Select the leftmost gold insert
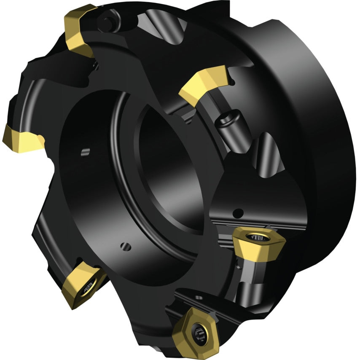click(x=21, y=139)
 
